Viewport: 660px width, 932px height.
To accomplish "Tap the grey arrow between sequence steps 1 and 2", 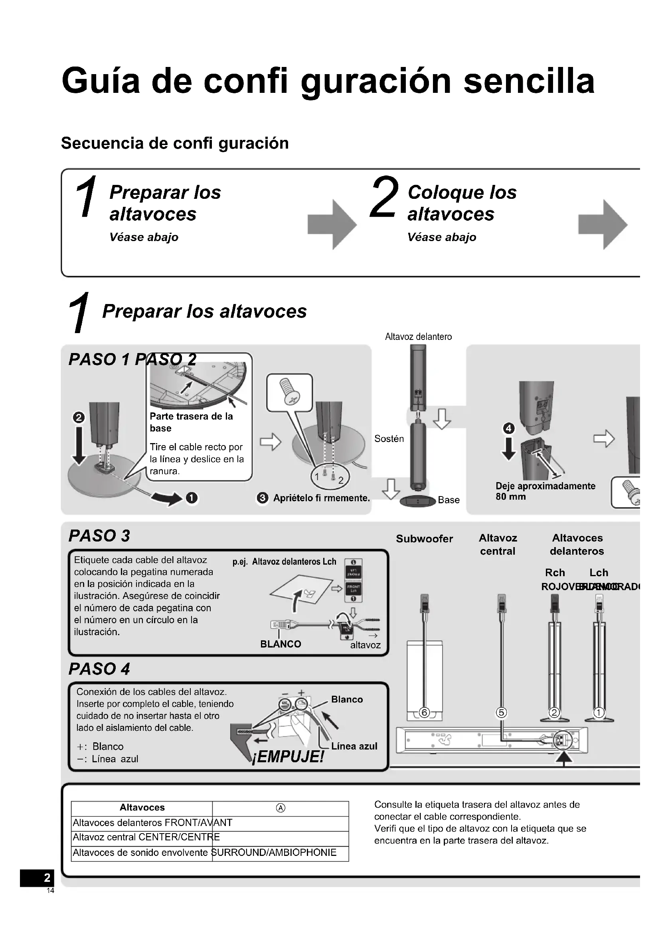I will (332, 224).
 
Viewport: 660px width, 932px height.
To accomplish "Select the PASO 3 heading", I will (99, 536).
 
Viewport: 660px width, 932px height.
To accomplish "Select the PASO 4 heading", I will (99, 669).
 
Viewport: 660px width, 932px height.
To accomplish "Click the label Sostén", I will (389, 438).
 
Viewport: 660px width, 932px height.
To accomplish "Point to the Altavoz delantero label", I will (418, 337).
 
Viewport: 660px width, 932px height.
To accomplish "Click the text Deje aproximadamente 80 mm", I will (545, 491).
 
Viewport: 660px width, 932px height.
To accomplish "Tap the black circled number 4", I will (509, 428).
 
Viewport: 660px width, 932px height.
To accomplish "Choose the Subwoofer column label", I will (424, 539).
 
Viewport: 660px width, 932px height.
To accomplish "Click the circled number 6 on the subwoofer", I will (424, 712).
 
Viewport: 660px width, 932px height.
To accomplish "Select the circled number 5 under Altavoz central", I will (502, 712).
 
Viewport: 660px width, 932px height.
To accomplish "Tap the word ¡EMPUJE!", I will (288, 757).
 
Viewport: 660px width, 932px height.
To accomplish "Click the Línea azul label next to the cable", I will (354, 746).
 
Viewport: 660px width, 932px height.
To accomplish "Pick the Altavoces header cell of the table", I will (142, 807).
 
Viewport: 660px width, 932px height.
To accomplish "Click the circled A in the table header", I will (281, 808).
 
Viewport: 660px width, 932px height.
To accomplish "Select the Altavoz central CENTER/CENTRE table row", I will (146, 837).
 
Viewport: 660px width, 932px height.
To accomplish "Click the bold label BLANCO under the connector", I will (281, 644).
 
